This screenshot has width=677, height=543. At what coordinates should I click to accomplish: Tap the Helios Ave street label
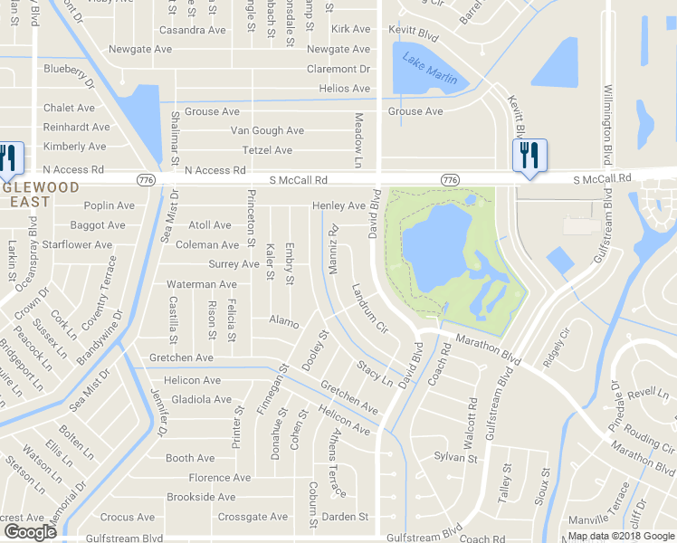tap(345, 89)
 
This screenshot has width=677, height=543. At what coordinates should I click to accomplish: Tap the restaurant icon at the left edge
tap(9, 158)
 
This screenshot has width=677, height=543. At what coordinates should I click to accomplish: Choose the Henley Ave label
tap(339, 206)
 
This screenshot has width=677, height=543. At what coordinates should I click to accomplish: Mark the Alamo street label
tap(283, 319)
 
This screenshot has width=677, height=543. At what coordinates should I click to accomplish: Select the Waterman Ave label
tap(202, 284)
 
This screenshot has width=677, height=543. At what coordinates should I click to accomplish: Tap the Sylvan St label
tap(455, 459)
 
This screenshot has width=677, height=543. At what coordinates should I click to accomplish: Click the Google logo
tap(30, 531)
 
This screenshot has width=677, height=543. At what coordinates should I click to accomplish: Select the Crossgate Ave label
tap(253, 518)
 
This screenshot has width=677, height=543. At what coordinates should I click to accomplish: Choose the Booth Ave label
tap(190, 459)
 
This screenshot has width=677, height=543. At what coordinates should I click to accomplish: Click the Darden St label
tap(348, 517)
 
